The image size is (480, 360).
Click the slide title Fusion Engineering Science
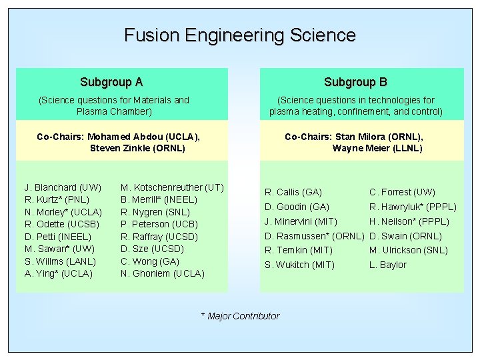pos(240,35)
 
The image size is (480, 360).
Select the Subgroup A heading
pos(111,83)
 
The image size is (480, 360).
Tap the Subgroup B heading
pos(355,83)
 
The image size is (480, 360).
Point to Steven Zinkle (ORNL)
pos(137,148)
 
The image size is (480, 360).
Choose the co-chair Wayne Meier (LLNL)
pos(377,148)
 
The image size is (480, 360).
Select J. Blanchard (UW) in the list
pos(63,187)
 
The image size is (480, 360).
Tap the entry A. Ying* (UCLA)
pos(59,273)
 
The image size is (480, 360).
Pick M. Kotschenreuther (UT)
pos(172,187)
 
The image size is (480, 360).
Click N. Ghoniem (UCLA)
pos(162,273)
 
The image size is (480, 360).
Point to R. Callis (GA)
pos(293,193)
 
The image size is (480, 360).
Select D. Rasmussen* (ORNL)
pos(315,236)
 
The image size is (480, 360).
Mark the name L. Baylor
pos(387,265)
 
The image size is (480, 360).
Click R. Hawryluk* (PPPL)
pos(413,207)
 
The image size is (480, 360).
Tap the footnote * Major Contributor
pos(240,316)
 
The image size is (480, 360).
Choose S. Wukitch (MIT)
pos(299,265)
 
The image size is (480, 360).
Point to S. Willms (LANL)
pos(60,261)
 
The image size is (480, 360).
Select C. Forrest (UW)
pos(402,193)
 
